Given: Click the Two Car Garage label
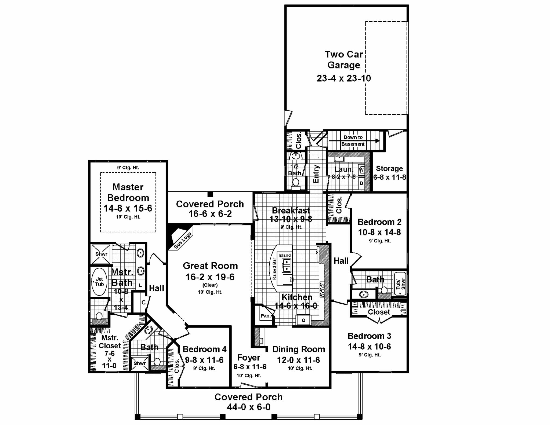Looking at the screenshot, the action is pos(344,60).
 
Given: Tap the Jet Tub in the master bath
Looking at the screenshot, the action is pos(99,282).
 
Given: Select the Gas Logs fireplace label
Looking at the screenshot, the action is pos(183,240).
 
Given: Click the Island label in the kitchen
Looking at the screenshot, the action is pos(284,255).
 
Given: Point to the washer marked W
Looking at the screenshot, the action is pos(361,170).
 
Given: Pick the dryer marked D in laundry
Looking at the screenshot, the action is pos(361,183).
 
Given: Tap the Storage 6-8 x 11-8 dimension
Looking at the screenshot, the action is pos(389,177).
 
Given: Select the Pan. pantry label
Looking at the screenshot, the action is pos(265,316).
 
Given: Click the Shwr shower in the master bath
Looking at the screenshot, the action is pos(101,254).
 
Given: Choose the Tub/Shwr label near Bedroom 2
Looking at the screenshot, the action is pos(400,284).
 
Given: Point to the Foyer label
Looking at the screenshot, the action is pos(249,358).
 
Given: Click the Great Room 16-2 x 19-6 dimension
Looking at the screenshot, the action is pos(210,277).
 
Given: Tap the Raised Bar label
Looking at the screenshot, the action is pos(274,269).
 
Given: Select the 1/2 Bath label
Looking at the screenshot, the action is pos(295,170).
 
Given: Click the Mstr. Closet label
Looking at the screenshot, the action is pos(110,342).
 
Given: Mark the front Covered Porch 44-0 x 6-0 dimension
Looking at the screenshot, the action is pos(249,407).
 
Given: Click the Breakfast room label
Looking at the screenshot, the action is pos(291,210).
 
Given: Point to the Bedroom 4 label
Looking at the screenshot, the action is pos(204,349).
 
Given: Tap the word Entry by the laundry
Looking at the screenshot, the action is pos(316,174).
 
